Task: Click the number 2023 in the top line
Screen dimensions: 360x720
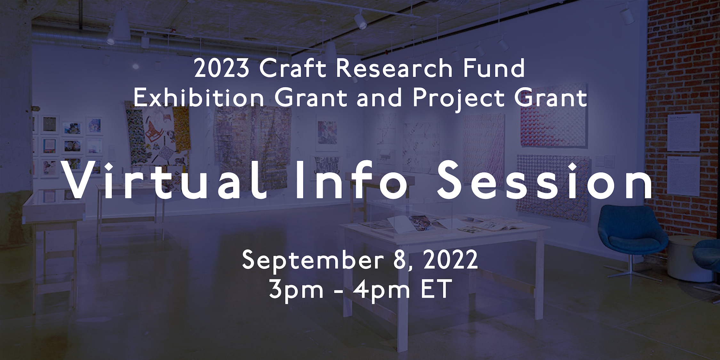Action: coord(221,68)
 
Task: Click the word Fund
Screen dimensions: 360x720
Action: coord(492,68)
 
